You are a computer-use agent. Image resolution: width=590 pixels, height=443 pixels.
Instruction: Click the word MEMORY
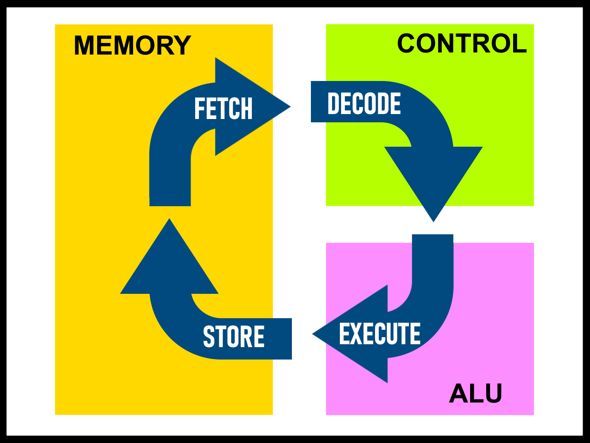click(x=132, y=45)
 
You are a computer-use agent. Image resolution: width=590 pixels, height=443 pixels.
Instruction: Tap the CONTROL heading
click(x=462, y=43)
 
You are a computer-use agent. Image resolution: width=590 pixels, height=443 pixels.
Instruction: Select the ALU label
click(x=475, y=393)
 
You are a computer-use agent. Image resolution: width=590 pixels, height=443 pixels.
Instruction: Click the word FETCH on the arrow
click(x=223, y=109)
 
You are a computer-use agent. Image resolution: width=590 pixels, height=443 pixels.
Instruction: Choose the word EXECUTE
click(x=380, y=334)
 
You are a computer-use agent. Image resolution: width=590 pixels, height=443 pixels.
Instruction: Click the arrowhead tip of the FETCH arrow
click(x=289, y=107)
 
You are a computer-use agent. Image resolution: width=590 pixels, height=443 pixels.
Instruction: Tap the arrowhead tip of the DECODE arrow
click(x=433, y=220)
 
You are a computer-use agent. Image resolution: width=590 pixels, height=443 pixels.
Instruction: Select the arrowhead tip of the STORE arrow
click(x=170, y=220)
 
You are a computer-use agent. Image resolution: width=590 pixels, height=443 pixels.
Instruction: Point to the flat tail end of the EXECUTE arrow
click(x=433, y=236)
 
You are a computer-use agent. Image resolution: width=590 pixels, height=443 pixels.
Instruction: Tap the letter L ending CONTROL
click(x=519, y=43)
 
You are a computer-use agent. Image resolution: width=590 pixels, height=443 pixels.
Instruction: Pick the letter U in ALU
click(x=494, y=393)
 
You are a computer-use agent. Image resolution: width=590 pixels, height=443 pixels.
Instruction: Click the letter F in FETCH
click(x=199, y=109)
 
